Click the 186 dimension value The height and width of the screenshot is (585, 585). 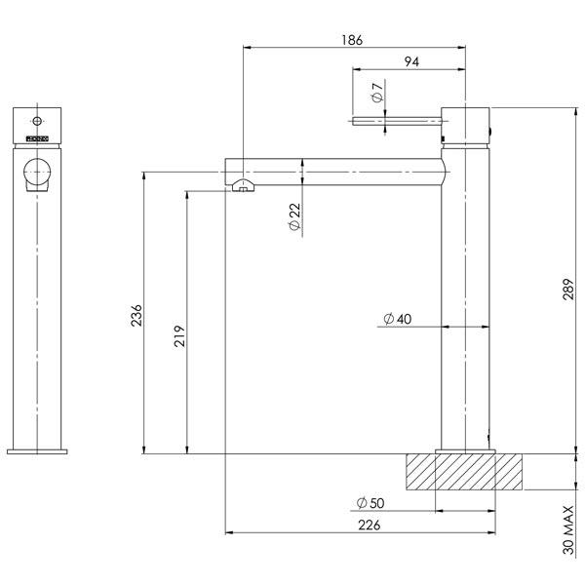click(x=353, y=40)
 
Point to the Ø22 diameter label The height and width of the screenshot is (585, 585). click(x=294, y=217)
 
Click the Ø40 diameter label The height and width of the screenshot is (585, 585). click(x=397, y=319)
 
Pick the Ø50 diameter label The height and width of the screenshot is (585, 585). click(x=370, y=503)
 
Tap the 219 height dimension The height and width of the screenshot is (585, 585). click(x=178, y=335)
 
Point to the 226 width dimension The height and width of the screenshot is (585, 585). click(x=369, y=526)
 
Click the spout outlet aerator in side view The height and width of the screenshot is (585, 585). click(x=241, y=185)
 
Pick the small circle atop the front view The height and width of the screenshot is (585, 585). click(x=38, y=121)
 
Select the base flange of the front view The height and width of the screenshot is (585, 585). click(x=38, y=449)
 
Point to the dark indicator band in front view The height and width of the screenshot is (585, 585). click(x=38, y=138)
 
